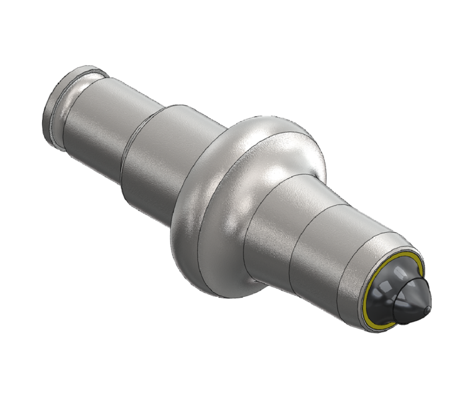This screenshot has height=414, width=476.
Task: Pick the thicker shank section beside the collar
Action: tap(149, 155)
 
